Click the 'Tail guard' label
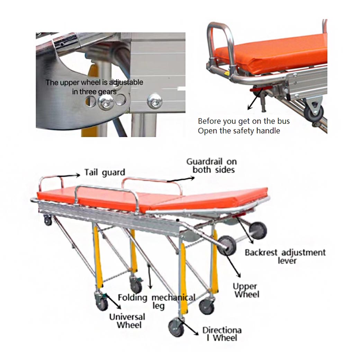point(105,172)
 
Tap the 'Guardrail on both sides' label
point(212,165)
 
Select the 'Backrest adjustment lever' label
point(285,256)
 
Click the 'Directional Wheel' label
point(222,334)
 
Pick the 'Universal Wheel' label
point(127,321)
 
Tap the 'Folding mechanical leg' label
point(156,301)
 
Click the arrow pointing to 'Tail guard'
point(69,175)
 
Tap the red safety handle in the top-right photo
point(261,89)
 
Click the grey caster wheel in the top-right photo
point(313,113)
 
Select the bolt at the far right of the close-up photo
point(155,101)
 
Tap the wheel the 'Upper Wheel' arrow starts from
point(227,245)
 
